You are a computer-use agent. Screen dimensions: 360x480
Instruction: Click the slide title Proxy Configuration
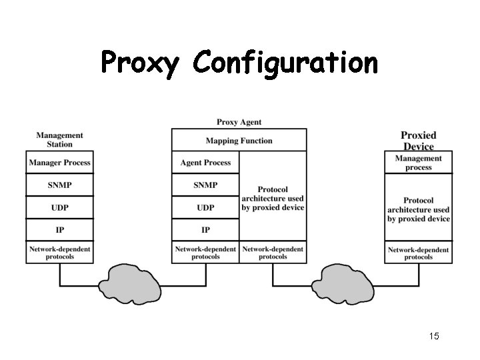[239, 63]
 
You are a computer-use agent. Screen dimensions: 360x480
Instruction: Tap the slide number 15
[433, 337]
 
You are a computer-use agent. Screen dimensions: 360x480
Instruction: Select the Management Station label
[59, 139]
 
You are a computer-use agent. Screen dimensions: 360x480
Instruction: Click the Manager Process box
[59, 163]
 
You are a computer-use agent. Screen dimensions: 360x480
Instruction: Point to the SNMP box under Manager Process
[59, 185]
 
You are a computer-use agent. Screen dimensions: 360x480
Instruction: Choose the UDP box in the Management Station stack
[59, 207]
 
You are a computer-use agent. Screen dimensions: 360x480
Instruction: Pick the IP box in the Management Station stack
[59, 229]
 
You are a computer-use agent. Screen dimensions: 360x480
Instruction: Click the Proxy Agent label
[239, 122]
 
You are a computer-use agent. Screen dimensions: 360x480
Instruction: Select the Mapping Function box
[239, 141]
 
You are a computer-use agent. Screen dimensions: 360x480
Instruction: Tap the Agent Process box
[205, 163]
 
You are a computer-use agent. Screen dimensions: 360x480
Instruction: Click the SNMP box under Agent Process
[205, 185]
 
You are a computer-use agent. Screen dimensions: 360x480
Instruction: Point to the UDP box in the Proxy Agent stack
[205, 207]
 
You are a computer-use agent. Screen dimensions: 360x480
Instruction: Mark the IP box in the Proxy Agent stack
[205, 229]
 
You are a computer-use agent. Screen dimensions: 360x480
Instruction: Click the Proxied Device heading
[418, 141]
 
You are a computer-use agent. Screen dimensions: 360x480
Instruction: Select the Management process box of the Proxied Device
[418, 163]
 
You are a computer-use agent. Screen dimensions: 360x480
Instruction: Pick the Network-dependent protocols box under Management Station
[59, 253]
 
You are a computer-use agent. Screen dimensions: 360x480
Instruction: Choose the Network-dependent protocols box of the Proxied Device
[418, 253]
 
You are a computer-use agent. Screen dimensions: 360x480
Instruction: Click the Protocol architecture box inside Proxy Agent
[273, 198]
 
